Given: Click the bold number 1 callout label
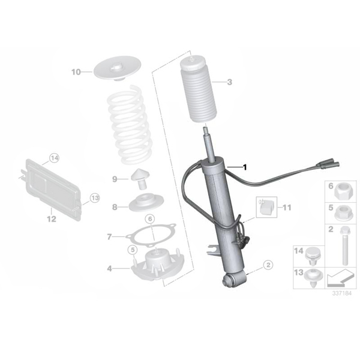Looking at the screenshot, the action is click(245, 167).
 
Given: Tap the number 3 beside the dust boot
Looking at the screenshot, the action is click(229, 82).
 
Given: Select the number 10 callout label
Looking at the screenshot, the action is click(76, 72).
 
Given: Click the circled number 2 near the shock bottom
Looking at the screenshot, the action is click(268, 265).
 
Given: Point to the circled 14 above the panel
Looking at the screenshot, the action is click(55, 158).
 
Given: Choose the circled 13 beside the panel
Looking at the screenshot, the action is click(95, 197).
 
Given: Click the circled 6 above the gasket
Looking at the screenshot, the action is click(150, 219).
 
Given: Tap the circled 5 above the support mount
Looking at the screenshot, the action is click(133, 250).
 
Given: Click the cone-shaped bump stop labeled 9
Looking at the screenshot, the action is click(140, 179).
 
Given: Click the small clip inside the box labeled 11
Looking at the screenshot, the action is click(266, 208).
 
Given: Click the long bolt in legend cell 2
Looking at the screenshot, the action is click(345, 245).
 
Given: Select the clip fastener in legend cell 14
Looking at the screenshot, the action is click(311, 257).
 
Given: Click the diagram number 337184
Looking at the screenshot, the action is click(342, 293).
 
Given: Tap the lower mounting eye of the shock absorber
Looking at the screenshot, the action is click(228, 280).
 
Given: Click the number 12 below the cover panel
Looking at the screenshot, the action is click(52, 219).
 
